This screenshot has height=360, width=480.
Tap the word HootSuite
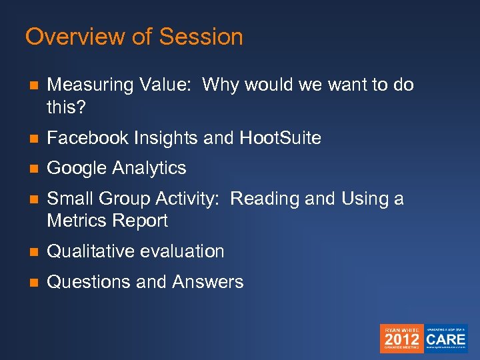281,138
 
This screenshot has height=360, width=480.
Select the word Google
77,168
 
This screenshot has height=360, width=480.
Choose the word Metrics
78,220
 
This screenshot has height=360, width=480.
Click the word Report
141,220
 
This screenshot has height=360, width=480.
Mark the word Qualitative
91,251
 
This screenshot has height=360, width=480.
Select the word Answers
208,282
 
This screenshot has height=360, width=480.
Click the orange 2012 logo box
401,339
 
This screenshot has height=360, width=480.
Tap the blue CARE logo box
446,339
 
